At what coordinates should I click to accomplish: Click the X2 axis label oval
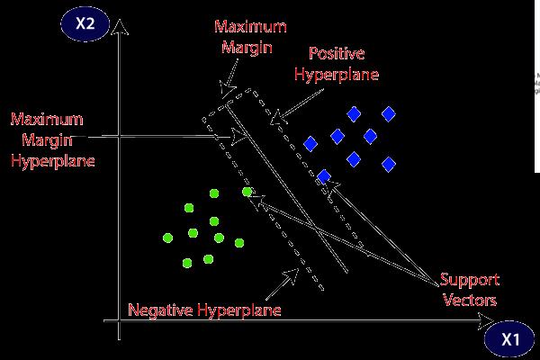[x=87, y=25]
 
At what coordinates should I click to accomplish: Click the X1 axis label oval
[x=510, y=339]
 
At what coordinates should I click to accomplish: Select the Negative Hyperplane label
[x=204, y=310]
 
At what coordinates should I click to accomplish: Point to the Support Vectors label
[x=471, y=290]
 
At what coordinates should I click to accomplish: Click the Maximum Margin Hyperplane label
[x=52, y=139]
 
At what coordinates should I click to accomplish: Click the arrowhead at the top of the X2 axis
[x=118, y=35]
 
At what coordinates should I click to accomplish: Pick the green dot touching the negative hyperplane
[x=247, y=192]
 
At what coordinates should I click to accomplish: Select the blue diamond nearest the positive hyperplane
[x=324, y=176]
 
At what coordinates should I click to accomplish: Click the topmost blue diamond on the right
[x=389, y=113]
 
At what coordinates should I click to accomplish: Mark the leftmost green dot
[x=167, y=238]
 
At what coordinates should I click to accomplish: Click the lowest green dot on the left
[x=187, y=263]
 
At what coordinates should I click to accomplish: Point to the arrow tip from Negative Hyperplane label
[x=300, y=267]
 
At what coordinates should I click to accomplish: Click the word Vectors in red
[x=471, y=300]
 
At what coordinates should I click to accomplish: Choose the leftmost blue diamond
[x=311, y=143]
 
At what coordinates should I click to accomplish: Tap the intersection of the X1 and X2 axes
[x=118, y=322]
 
